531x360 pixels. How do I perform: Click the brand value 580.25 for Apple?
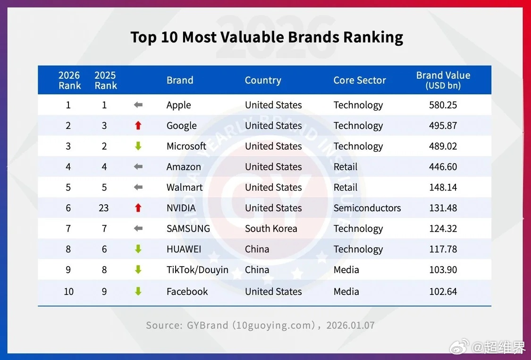coord(443,105)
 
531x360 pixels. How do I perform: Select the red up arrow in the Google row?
coord(138,126)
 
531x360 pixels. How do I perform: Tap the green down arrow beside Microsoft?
coord(138,146)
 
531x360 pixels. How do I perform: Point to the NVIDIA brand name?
coord(181,208)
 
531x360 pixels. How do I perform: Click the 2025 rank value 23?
coord(104,208)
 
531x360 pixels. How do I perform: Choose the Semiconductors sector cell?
coord(367,208)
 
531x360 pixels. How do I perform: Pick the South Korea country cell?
coord(271,229)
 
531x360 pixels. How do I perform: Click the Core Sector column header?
coord(360,80)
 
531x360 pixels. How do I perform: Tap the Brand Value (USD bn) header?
coord(443,80)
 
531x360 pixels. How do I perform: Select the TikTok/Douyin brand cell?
coord(197,270)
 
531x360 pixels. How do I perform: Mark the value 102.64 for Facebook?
coord(443,292)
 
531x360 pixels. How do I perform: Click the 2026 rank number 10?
coord(69,292)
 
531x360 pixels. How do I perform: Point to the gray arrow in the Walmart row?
coord(138,187)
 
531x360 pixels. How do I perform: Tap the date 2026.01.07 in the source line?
coord(351,326)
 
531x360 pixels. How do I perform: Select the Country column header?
coord(263,80)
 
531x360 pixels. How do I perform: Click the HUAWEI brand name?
coord(184,249)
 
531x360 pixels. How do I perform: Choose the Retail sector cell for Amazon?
coord(346,167)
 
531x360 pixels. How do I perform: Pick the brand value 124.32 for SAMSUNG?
coord(443,229)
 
